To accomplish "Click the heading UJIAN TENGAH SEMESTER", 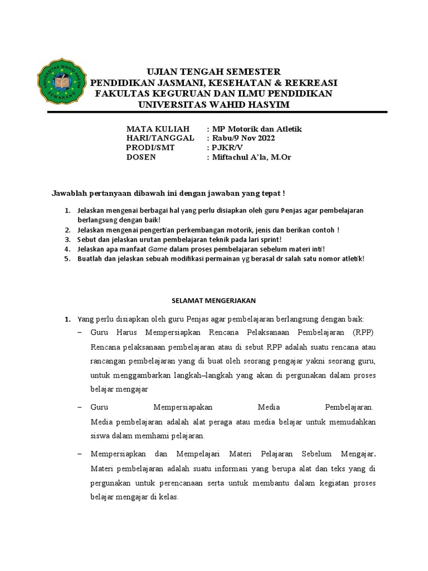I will point(213,72).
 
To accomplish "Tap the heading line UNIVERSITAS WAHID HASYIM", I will point(213,105).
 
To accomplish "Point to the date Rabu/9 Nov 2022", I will point(243,138).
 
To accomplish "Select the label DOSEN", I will point(142,157).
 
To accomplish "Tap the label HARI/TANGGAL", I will point(160,138).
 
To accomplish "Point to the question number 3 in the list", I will point(66,239).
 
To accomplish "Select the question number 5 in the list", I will point(66,259).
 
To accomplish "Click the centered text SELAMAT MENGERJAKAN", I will point(213,300).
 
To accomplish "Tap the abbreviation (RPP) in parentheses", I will point(364,333).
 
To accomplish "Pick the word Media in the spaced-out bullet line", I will point(269,407).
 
